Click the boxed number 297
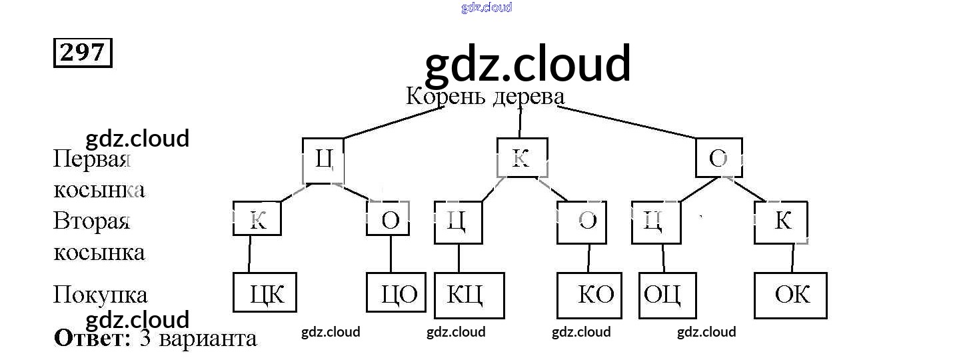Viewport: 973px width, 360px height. tap(83, 53)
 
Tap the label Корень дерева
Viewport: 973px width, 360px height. tap(485, 97)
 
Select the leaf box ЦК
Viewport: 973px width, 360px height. tap(265, 293)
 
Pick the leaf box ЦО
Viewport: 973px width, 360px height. tap(397, 293)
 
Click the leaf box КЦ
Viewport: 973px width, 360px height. tap(469, 294)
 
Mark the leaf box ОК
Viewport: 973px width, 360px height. tap(790, 294)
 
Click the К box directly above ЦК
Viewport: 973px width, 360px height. tap(257, 219)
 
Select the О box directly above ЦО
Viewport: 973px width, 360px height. tap(388, 219)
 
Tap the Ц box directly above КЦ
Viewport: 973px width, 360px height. tap(458, 221)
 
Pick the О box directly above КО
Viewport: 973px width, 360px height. tap(587, 221)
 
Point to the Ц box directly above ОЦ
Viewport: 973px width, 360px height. tap(656, 221)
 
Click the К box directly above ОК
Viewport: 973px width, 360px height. tap(781, 221)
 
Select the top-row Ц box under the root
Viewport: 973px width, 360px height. tap(323, 160)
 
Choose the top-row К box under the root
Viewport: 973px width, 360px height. tap(522, 158)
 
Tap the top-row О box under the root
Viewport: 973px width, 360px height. tap(718, 158)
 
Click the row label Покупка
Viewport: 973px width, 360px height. tap(100, 295)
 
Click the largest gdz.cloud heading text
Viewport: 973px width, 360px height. tap(527, 65)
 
